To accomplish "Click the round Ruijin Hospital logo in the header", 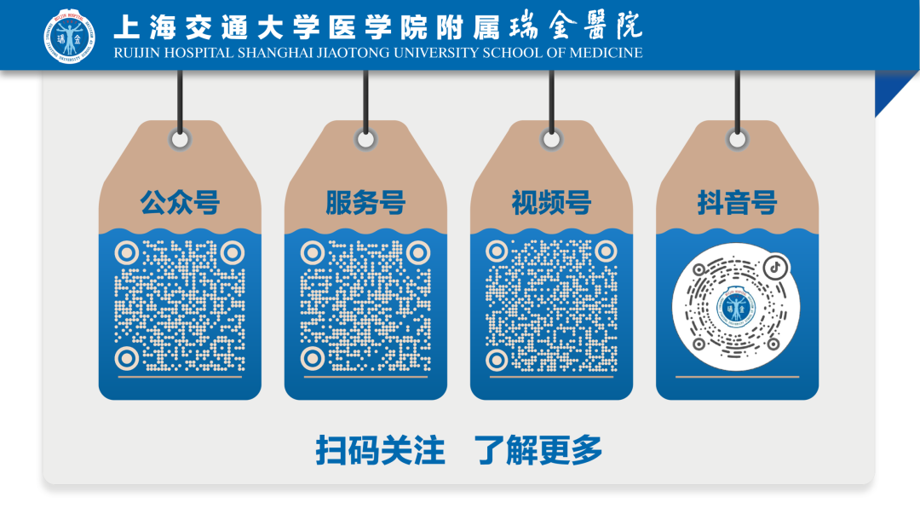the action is point(70,36).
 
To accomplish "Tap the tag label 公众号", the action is point(180,203).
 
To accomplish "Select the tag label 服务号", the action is point(365,203).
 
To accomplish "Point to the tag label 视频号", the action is point(551,203).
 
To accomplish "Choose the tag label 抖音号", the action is point(737,203).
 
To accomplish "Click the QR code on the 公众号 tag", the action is point(180,305).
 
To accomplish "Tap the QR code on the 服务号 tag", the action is point(365,305).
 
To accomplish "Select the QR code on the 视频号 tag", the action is point(551,305).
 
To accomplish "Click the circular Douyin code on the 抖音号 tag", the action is point(736,307).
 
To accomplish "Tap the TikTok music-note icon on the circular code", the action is point(776,267).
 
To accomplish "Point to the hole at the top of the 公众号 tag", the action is point(180,140).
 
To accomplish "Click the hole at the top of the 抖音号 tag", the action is point(738,140).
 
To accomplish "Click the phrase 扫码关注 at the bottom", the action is point(380,451).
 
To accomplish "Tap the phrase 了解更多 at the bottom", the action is point(538,451).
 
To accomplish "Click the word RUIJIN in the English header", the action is point(136,53).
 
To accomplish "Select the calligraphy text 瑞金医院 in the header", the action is point(576,26).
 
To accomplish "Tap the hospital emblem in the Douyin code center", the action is point(735,307).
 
